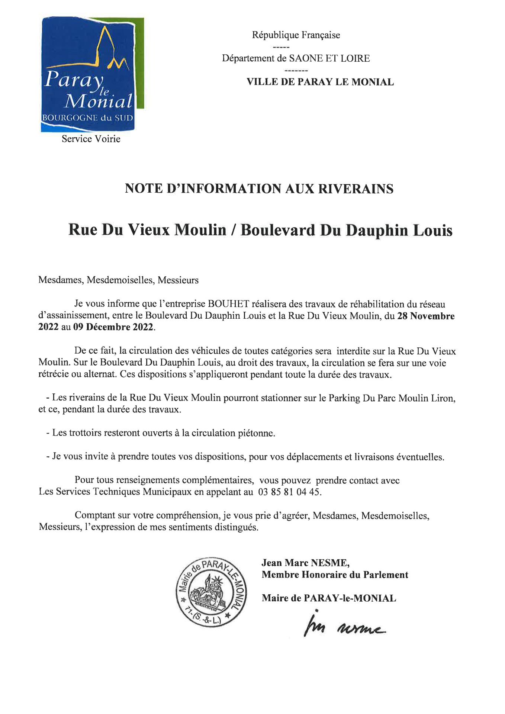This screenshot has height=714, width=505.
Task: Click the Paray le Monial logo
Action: (92, 75)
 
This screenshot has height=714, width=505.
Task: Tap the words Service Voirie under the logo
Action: (91, 139)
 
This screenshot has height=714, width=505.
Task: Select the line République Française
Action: (296, 35)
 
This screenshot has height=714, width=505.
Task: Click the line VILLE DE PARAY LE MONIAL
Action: (320, 82)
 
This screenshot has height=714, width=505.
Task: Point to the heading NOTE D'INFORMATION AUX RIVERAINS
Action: (259, 189)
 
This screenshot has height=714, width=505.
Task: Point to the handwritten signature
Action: (344, 628)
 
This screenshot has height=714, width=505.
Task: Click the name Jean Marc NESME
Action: (305, 563)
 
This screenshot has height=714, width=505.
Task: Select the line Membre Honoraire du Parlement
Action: (335, 575)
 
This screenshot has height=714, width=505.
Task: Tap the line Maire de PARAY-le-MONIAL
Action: (329, 598)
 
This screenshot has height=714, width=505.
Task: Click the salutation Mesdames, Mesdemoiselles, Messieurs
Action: (119, 280)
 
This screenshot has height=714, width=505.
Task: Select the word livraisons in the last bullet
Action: (373, 457)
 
